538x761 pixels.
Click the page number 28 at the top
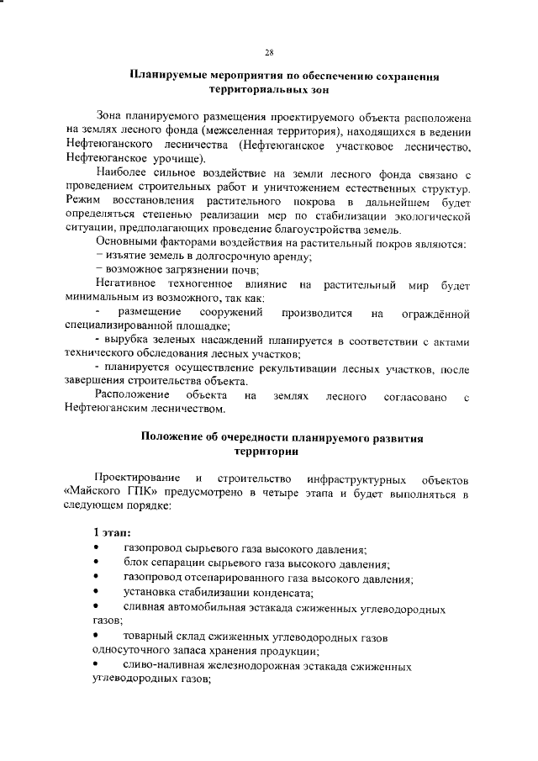click(269, 52)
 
